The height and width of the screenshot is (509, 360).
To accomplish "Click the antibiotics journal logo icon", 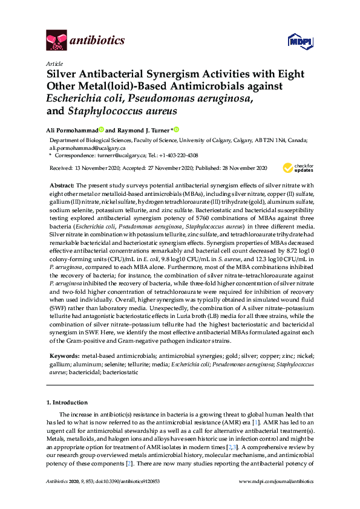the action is tap(56, 41).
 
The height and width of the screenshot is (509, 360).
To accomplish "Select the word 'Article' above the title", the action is tap(54, 63).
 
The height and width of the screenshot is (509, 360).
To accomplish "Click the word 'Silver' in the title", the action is tap(64, 74).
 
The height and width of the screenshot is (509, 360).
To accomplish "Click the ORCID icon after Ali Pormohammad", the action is tap(102, 129).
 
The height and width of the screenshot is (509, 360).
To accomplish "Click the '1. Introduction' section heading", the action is tap(68, 403).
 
